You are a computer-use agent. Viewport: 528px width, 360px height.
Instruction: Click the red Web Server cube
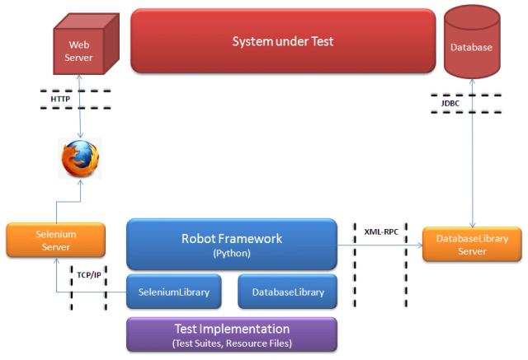[x=79, y=49]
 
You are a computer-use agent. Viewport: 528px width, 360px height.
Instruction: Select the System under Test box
[x=283, y=40]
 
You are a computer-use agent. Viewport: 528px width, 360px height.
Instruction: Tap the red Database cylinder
[x=471, y=48]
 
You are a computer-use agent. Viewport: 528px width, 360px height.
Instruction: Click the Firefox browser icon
[x=79, y=158]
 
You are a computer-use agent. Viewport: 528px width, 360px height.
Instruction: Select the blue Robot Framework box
[x=231, y=244]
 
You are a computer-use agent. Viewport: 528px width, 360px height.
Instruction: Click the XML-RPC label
[x=381, y=231]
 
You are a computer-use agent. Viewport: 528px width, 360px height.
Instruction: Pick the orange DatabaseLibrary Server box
[x=472, y=245]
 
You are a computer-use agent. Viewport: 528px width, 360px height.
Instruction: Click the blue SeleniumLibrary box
[x=173, y=292]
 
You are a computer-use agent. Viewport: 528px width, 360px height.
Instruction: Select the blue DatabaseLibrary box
[x=287, y=292]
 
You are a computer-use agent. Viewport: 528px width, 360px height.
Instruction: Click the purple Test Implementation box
[x=231, y=334]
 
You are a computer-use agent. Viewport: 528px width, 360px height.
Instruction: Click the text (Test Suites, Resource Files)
[x=231, y=342]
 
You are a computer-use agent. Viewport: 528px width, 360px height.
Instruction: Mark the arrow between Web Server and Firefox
[x=79, y=107]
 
